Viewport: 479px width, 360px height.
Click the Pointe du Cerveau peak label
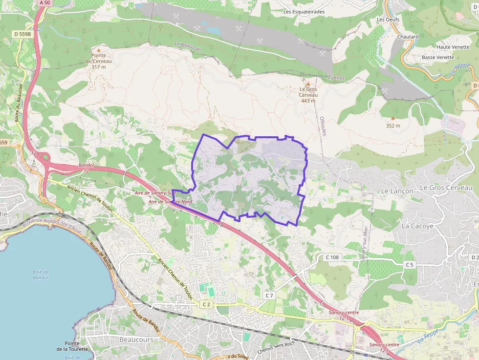98,61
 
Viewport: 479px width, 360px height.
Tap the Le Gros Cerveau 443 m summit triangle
308,84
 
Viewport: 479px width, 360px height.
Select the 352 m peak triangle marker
393,118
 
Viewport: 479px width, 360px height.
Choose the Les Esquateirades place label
304,12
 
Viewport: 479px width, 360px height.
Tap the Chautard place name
408,37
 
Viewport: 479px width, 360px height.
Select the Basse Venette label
437,57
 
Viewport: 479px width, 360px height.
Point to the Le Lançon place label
397,191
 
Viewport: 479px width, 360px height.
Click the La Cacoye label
417,226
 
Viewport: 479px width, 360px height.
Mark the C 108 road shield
332,257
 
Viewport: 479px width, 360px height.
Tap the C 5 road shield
409,265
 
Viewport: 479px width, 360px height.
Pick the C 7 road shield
269,296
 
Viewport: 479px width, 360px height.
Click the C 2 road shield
206,304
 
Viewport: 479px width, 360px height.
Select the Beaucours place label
136,339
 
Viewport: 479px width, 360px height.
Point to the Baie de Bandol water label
41,275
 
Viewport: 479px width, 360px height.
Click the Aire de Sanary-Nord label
170,201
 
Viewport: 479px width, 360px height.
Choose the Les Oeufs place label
388,20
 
